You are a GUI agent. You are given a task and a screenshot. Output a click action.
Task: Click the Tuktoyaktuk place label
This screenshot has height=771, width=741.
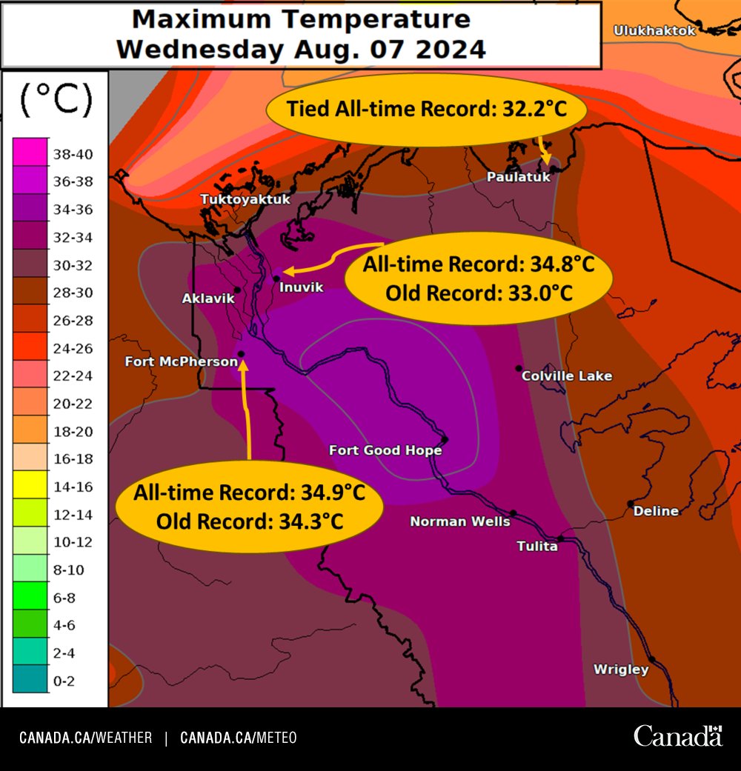tap(245, 199)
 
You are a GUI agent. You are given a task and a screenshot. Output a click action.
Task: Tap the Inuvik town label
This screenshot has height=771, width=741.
tap(302, 287)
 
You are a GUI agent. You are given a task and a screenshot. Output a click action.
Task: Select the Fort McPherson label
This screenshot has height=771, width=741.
tap(181, 361)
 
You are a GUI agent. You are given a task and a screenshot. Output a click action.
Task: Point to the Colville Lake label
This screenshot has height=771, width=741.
tap(567, 376)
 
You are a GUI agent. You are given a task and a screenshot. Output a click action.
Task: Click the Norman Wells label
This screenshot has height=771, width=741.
tap(460, 521)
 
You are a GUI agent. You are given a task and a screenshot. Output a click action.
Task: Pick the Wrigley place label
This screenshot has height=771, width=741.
tap(621, 670)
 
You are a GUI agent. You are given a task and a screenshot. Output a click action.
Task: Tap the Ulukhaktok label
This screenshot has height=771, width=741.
tap(654, 30)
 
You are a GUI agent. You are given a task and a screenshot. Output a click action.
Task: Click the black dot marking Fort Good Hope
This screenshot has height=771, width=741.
tap(445, 439)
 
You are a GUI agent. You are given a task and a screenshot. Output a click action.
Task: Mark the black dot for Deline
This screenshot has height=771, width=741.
tap(630, 504)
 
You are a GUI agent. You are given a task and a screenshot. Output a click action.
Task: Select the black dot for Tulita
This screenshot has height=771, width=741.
tap(560, 538)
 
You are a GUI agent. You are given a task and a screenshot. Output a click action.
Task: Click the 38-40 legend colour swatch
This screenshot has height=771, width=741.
tap(30, 155)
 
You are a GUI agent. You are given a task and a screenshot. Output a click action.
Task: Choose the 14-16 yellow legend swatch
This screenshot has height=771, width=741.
tap(30, 487)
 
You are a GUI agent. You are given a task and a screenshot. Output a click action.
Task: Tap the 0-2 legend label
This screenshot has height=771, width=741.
tap(64, 681)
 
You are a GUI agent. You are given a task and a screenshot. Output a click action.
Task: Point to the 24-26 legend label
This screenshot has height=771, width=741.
tap(73, 348)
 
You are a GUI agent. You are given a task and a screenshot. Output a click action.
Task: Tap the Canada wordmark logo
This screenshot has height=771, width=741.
tap(677, 736)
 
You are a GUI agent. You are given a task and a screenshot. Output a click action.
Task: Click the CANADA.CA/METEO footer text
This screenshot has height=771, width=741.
tap(238, 738)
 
